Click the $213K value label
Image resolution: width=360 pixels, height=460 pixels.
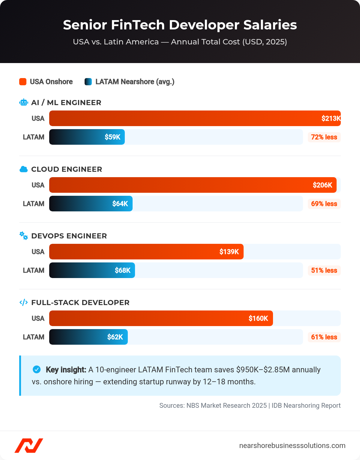click(x=331, y=118)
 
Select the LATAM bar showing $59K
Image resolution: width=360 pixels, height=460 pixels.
click(x=87, y=137)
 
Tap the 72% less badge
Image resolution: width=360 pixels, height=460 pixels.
click(x=324, y=137)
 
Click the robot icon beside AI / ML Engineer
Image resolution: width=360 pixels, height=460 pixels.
click(x=24, y=102)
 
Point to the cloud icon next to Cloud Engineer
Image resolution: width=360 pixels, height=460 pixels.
click(x=24, y=169)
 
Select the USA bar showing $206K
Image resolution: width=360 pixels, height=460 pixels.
click(x=193, y=185)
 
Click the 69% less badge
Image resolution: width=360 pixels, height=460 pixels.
click(x=324, y=204)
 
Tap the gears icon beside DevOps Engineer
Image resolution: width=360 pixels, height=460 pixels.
click(x=24, y=236)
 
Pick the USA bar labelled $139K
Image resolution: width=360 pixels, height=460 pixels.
click(x=146, y=252)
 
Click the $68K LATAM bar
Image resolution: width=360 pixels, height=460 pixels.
click(x=92, y=270)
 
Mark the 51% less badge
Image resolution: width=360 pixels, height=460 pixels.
click(x=324, y=271)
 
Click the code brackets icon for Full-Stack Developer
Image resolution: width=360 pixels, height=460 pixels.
click(x=24, y=302)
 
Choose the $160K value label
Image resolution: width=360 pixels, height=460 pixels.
click(x=258, y=318)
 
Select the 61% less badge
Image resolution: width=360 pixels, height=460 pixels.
click(x=324, y=337)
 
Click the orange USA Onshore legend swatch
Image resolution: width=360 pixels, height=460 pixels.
click(x=23, y=82)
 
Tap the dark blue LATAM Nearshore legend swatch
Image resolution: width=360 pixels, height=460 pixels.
click(x=88, y=82)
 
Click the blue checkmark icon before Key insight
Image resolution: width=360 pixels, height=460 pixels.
click(x=37, y=369)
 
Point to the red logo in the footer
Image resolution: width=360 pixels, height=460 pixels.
click(x=29, y=446)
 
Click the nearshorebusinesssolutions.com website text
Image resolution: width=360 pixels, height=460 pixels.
click(x=292, y=446)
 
